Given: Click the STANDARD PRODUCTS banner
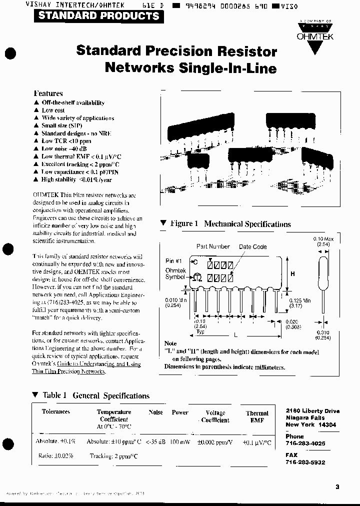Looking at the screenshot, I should (98, 15).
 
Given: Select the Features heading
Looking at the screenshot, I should (48, 93).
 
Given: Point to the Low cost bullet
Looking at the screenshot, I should (53, 110).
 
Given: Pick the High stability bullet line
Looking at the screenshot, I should (76, 179).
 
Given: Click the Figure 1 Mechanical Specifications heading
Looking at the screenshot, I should (230, 224).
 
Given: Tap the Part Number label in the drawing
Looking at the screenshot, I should (213, 246).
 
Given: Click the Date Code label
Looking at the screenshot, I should (252, 246).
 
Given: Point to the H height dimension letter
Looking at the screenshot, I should (292, 273).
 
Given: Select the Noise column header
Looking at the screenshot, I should (155, 412).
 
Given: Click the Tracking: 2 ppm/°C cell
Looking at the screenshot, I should (113, 455).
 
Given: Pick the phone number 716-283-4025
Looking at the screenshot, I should (305, 443).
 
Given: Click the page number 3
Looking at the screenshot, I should (337, 486).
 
